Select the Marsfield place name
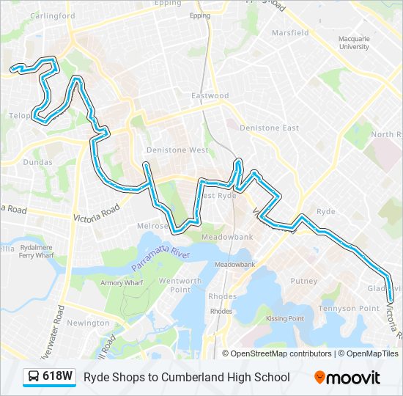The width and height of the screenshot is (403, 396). click(x=290, y=33)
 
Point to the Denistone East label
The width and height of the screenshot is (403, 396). click(x=270, y=128)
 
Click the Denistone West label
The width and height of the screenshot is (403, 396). click(x=177, y=150)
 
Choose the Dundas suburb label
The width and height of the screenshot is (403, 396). click(x=37, y=162)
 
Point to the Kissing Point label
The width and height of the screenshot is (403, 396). click(x=285, y=318)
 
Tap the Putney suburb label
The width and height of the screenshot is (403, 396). click(x=304, y=281)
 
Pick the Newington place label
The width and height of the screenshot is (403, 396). click(x=88, y=323)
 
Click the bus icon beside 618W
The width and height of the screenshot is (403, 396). click(x=34, y=378)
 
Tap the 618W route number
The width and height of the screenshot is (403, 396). click(x=57, y=377)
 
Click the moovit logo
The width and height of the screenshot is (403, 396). click(x=347, y=377)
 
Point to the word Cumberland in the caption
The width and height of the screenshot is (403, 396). click(x=206, y=377)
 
